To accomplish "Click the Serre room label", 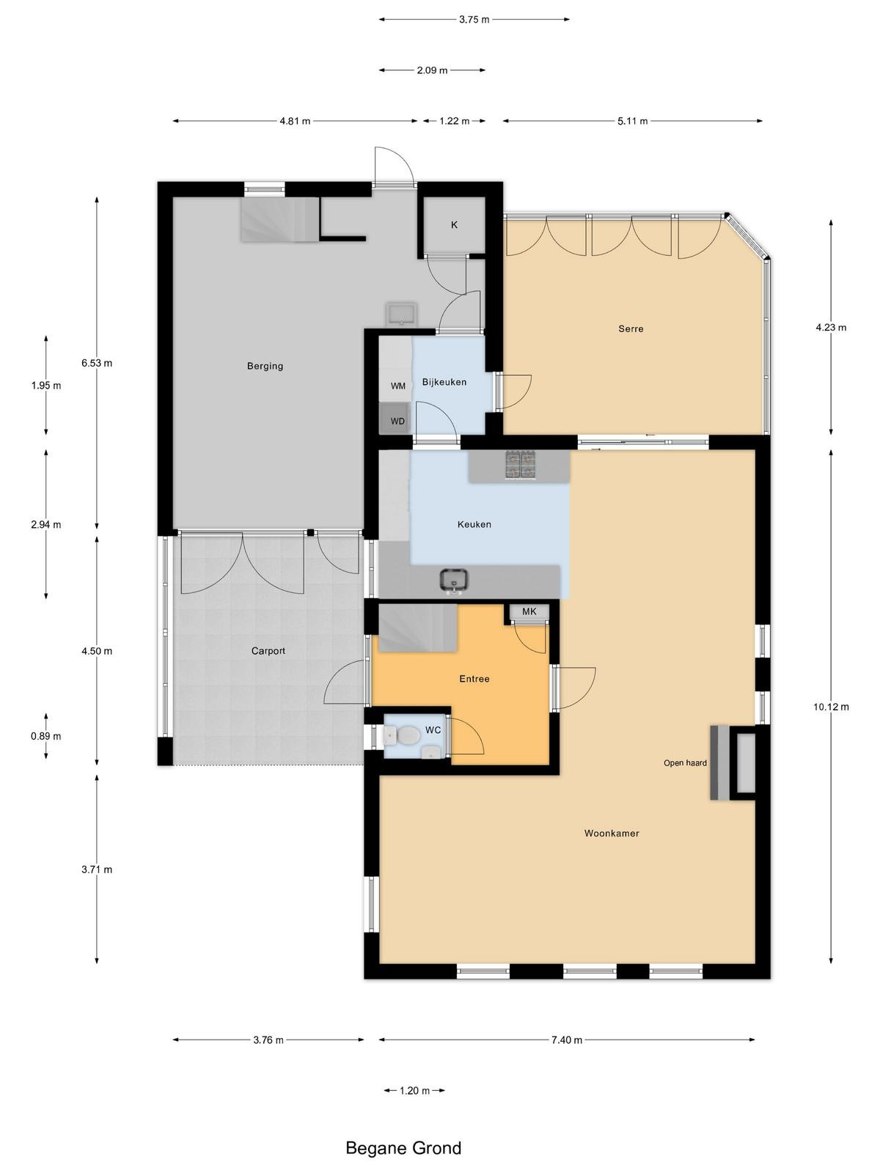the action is pyautogui.click(x=631, y=328).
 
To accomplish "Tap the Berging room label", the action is pyautogui.click(x=265, y=366).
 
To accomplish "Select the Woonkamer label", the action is pyautogui.click(x=612, y=833).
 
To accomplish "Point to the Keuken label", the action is pyautogui.click(x=474, y=524).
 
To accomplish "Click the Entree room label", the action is pyautogui.click(x=474, y=679).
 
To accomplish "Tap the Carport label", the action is pyautogui.click(x=268, y=651).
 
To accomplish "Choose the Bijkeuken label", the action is pyautogui.click(x=444, y=382).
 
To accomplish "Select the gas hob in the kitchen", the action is pyautogui.click(x=521, y=464).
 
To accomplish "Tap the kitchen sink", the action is pyautogui.click(x=454, y=581).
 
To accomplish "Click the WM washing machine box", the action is pyautogui.click(x=396, y=386).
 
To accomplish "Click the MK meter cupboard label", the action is pyautogui.click(x=529, y=611).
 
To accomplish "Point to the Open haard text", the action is pyautogui.click(x=685, y=763).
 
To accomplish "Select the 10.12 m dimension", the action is pyautogui.click(x=831, y=707).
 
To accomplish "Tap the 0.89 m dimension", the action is pyautogui.click(x=46, y=736).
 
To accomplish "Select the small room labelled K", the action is pyautogui.click(x=454, y=225).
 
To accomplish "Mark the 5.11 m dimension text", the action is pyautogui.click(x=633, y=121).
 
